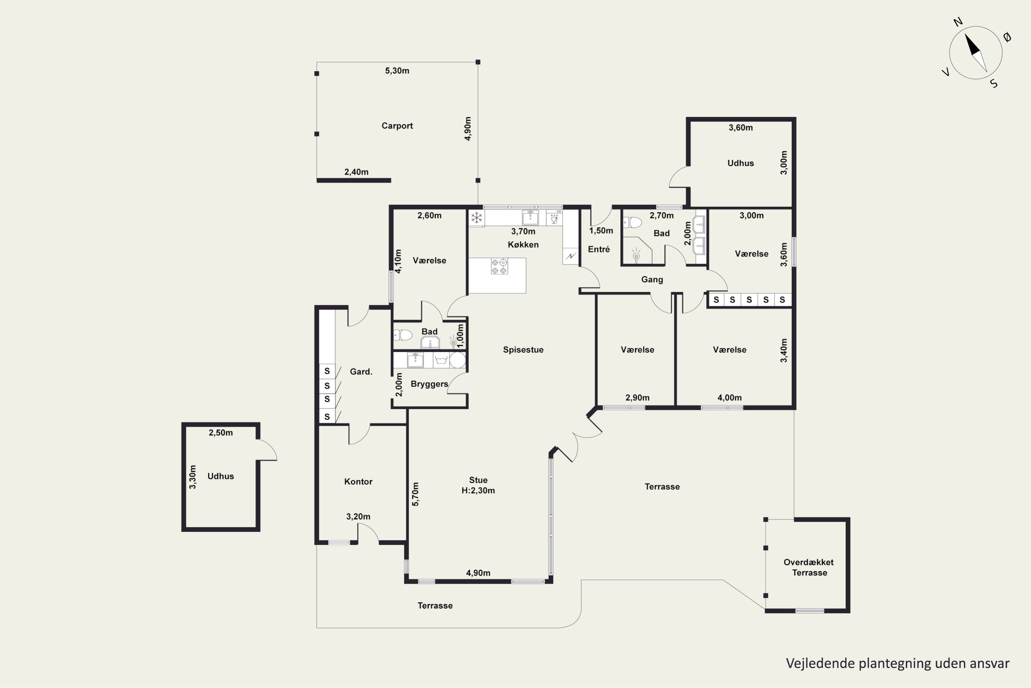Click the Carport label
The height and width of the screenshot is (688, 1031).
point(397,126)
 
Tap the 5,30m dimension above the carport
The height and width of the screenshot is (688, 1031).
point(397,71)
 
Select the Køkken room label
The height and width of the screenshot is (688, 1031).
point(523,244)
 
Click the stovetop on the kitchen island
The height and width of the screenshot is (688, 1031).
point(499,266)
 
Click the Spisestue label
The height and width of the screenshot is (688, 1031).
point(523,350)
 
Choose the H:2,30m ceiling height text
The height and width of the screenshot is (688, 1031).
point(478,491)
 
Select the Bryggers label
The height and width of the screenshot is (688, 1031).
point(429,384)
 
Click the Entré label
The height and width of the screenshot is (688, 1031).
point(599,249)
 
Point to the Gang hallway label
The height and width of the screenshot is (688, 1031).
point(652,279)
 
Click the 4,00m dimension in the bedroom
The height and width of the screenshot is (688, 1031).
point(729,398)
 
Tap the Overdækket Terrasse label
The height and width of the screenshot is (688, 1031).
point(809,567)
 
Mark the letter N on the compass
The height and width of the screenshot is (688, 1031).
point(958,22)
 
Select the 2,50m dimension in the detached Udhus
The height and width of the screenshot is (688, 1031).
point(221,433)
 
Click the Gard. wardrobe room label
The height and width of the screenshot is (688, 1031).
point(361,372)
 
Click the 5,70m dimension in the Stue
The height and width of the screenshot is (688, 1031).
point(415,494)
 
